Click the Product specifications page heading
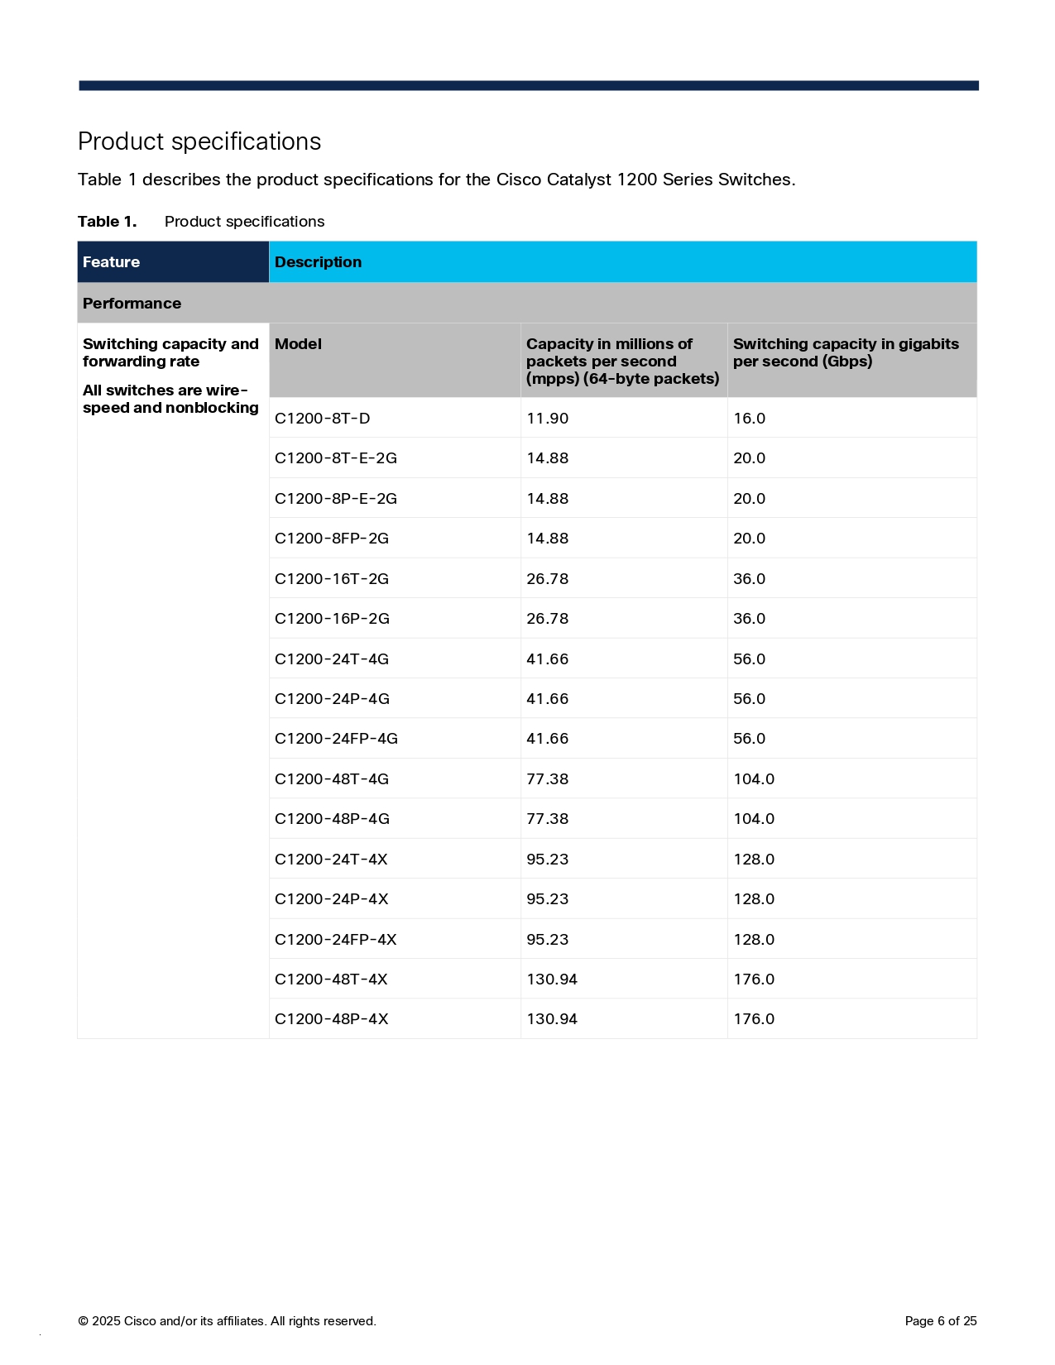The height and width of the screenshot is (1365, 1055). point(199,141)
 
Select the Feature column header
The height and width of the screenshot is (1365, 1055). point(111,262)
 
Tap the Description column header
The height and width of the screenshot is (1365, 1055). point(318,262)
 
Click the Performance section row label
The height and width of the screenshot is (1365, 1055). point(132,304)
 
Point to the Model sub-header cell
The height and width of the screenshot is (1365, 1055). point(298,344)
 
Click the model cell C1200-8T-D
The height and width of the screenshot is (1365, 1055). point(322,419)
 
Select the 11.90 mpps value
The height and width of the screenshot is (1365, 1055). point(547,419)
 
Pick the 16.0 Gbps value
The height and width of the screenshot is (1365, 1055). point(749,419)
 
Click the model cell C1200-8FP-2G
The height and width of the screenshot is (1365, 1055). point(331,539)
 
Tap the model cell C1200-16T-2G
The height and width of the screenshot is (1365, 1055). point(331,579)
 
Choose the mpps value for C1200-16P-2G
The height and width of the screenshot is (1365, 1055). point(547,619)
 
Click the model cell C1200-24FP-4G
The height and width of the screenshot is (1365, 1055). point(336,739)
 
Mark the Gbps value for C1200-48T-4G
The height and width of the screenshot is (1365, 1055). point(753,779)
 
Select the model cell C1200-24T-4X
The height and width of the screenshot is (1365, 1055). point(331,860)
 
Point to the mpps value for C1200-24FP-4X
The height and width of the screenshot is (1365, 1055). point(547,940)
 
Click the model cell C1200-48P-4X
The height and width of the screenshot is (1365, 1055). point(331,1019)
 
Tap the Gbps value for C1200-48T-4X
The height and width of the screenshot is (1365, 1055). point(753,979)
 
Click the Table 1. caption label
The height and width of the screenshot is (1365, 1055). point(107,222)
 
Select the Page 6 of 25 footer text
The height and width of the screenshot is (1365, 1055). point(940,1321)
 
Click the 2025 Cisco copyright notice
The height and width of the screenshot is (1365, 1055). point(227,1321)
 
